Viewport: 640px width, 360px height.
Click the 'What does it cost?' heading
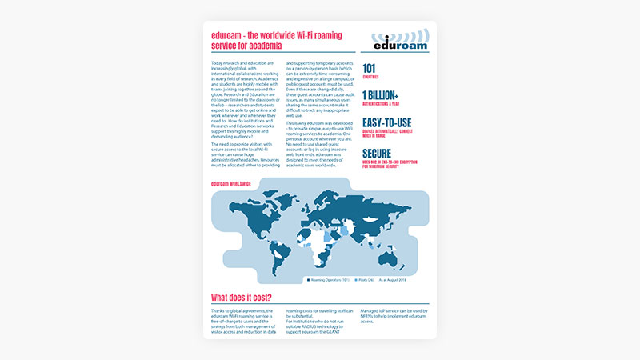point(246,298)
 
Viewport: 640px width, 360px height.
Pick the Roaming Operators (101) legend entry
point(330,281)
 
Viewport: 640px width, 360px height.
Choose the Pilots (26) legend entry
point(370,281)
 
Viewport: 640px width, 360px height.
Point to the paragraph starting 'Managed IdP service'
point(395,315)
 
